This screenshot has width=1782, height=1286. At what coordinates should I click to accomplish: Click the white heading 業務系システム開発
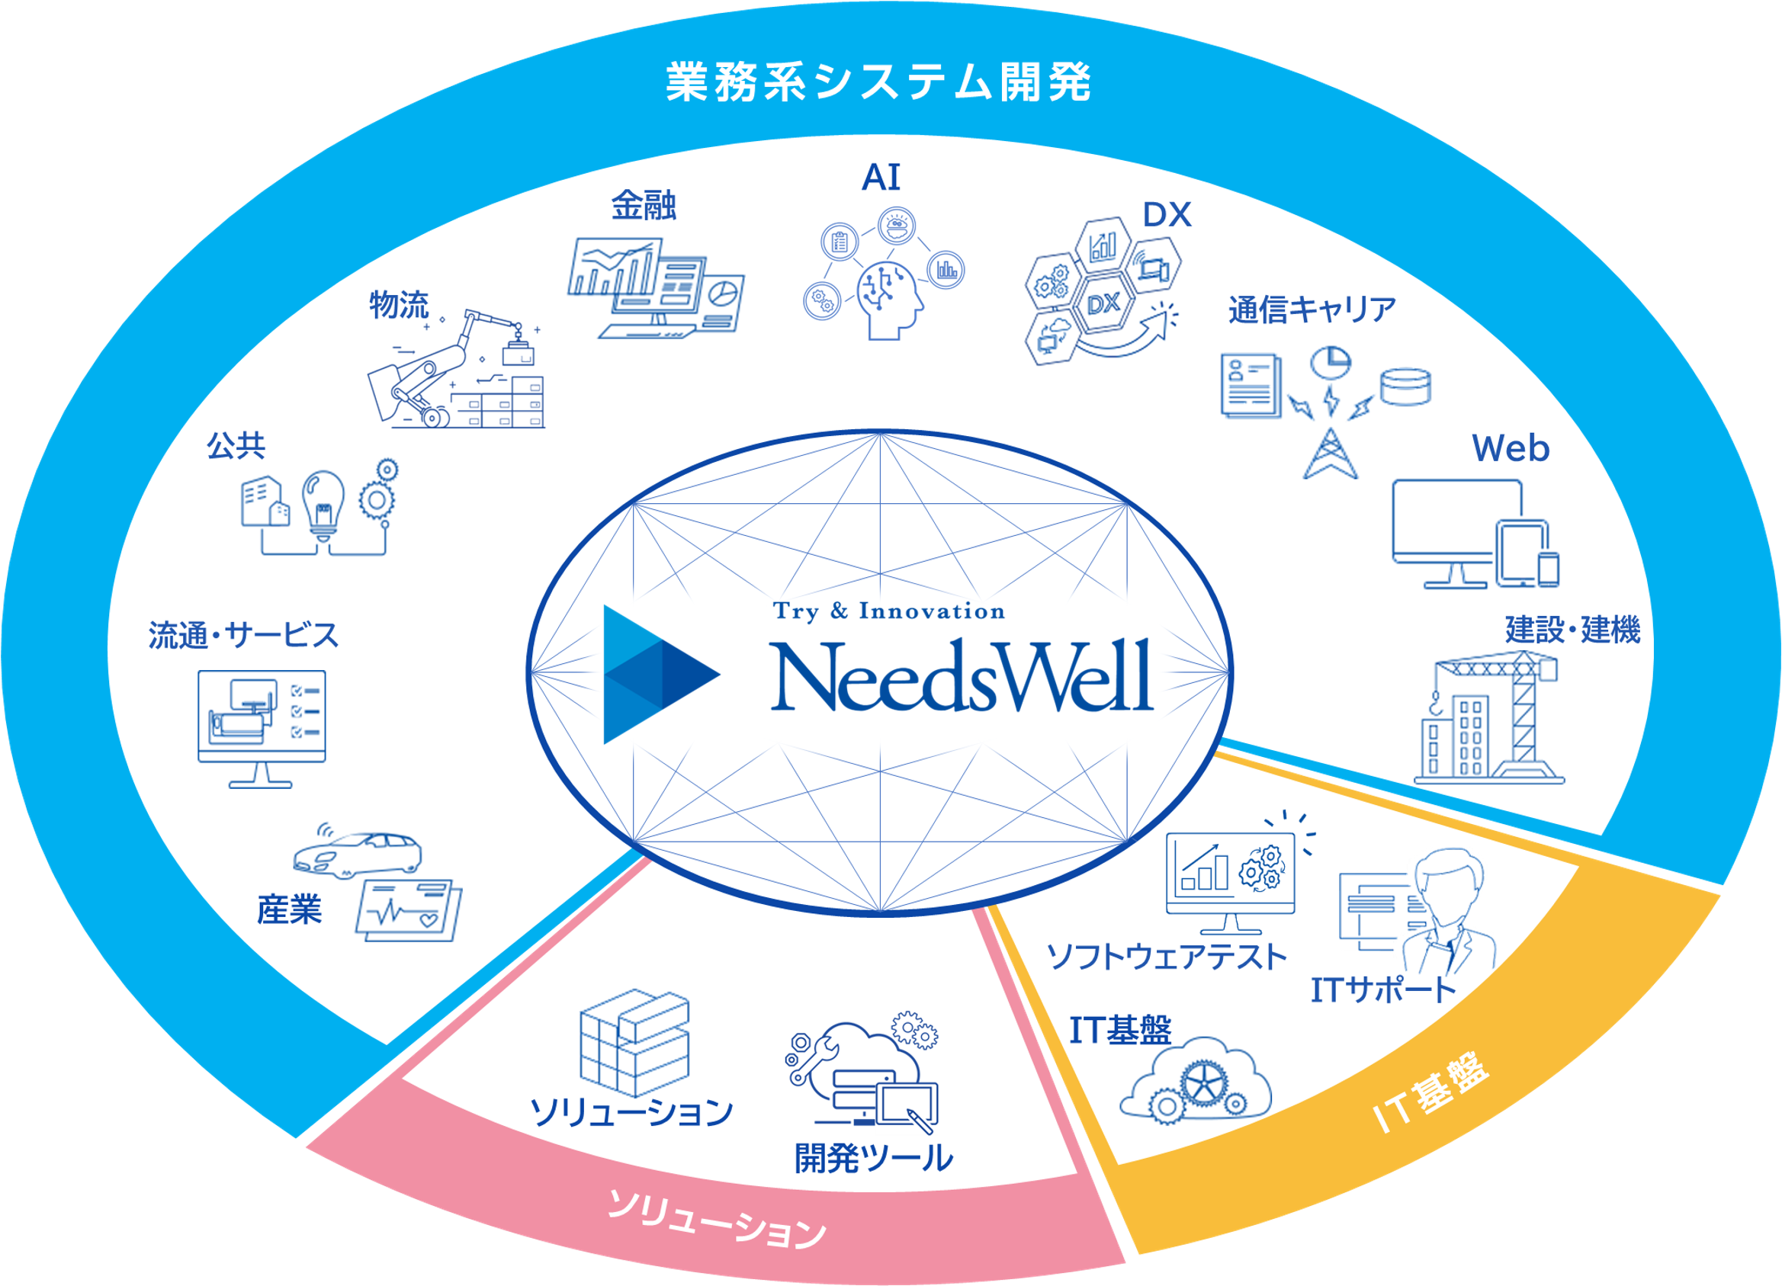click(x=878, y=82)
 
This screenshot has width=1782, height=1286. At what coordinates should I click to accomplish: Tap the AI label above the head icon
click(x=881, y=178)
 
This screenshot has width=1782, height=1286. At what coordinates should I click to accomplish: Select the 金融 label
click(x=644, y=206)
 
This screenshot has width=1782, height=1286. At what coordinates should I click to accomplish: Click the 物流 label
click(x=399, y=305)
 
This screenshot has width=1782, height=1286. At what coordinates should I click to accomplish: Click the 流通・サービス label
click(x=243, y=635)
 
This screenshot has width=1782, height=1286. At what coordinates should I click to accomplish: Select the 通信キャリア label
click(x=1312, y=309)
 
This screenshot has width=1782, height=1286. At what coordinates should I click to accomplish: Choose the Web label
click(x=1510, y=448)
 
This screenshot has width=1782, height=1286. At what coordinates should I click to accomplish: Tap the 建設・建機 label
click(x=1573, y=630)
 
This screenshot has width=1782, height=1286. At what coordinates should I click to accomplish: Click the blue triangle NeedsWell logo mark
click(x=656, y=674)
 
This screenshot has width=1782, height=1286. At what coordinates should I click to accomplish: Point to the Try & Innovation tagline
click(x=888, y=611)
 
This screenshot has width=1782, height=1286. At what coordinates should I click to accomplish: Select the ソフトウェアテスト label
click(x=1167, y=957)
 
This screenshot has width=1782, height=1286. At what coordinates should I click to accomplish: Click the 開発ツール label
click(x=874, y=1158)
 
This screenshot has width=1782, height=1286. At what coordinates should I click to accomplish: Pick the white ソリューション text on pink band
click(x=718, y=1221)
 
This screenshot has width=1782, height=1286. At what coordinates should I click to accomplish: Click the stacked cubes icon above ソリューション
click(x=634, y=1042)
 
